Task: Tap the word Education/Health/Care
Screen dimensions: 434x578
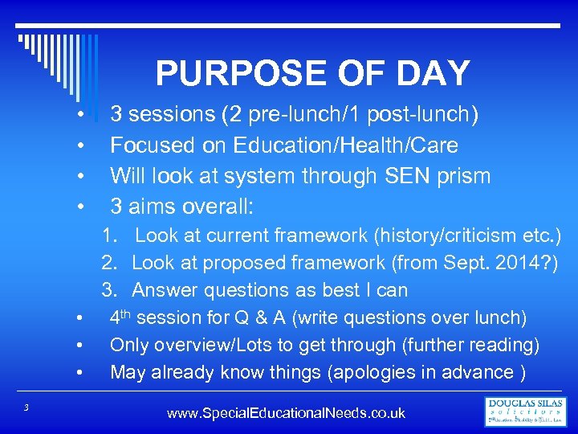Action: (x=346, y=145)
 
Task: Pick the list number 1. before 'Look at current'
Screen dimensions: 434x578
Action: (x=109, y=236)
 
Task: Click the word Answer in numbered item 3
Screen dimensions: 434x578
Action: (x=160, y=290)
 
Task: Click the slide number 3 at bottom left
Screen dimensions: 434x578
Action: (x=26, y=408)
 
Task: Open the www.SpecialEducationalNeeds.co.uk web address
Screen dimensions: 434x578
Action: (x=286, y=414)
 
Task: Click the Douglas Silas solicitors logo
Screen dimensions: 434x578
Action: (x=526, y=411)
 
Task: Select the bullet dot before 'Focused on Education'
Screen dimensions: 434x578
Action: (x=81, y=146)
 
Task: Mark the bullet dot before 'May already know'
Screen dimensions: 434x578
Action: (x=81, y=374)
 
